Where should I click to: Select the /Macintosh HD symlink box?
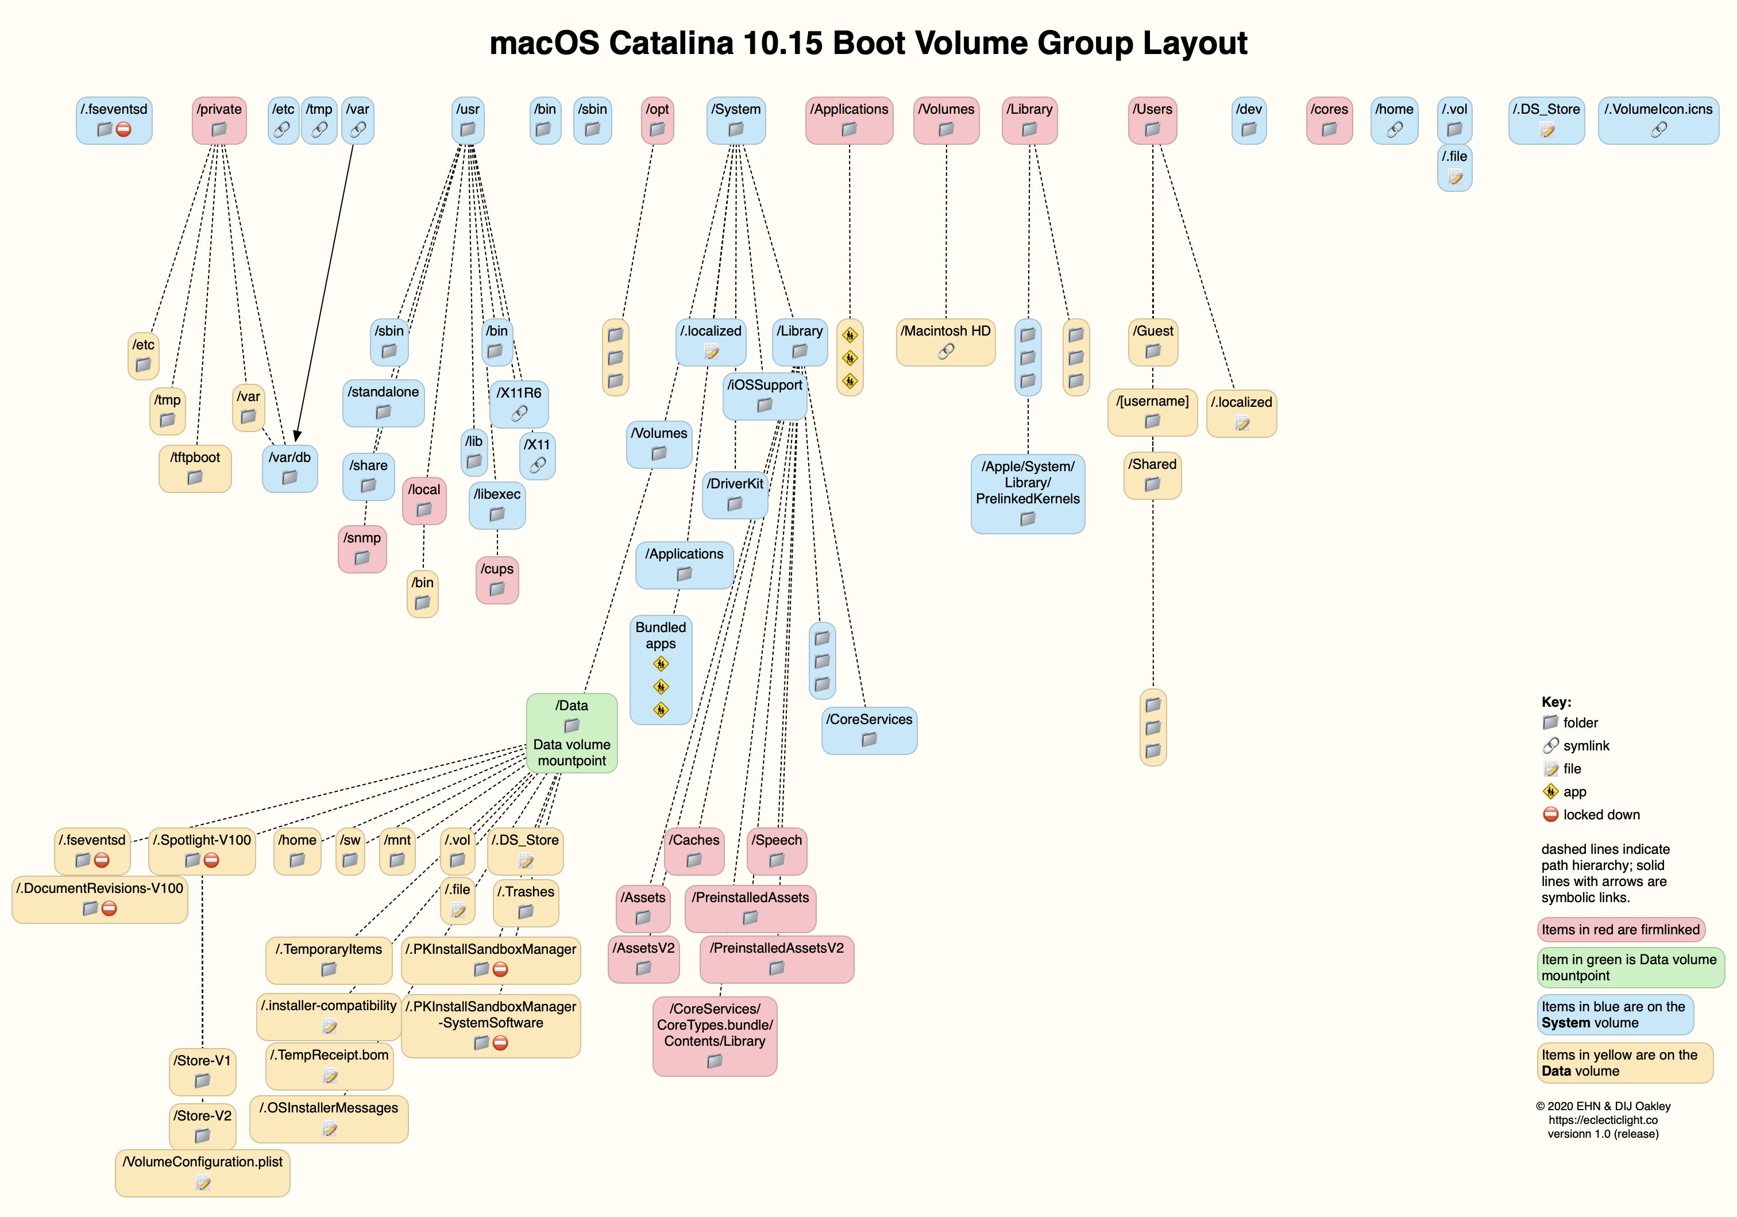coord(945,342)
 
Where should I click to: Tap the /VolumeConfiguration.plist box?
coord(203,1172)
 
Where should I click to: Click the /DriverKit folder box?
coord(735,494)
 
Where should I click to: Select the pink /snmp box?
coord(362,549)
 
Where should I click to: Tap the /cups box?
coord(496,580)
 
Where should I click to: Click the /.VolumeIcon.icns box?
coord(1658,120)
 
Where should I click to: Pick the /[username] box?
coord(1152,413)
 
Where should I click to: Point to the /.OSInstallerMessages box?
coord(329,1118)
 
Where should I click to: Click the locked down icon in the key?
coord(1550,814)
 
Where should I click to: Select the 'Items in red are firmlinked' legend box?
coord(1620,929)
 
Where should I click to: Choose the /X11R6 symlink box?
coord(519,403)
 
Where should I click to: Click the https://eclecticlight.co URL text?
coord(1603,1119)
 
